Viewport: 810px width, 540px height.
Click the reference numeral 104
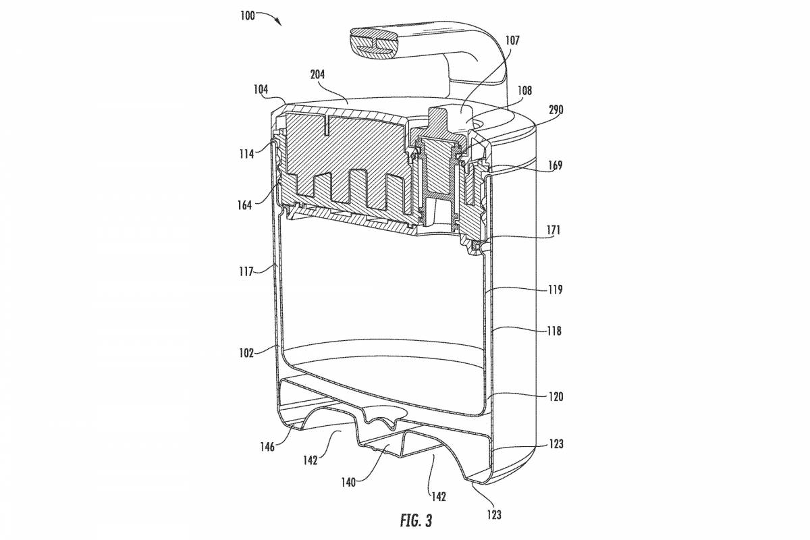261,89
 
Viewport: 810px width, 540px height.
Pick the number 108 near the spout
524,90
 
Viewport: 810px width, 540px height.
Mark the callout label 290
556,109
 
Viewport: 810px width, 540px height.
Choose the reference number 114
245,153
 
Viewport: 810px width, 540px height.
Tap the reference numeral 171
553,230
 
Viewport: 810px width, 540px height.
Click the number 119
556,290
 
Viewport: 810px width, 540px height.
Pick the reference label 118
556,331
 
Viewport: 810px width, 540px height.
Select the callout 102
245,352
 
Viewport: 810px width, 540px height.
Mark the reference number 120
556,398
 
